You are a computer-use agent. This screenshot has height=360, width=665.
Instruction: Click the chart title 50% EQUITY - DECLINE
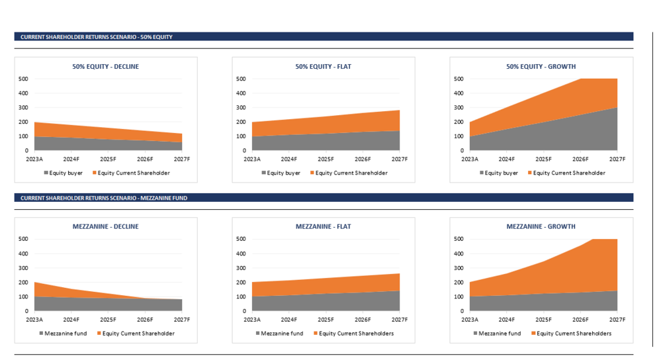pos(106,66)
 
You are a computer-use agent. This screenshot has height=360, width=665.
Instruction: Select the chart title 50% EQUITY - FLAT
pos(323,66)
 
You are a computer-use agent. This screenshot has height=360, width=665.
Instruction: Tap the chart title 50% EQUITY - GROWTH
pos(541,66)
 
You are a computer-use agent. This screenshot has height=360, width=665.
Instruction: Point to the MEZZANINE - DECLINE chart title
pos(106,226)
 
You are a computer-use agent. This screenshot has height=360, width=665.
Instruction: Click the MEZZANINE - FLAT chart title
pos(323,226)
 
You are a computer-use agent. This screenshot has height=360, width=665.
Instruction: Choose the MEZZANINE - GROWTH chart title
pos(541,226)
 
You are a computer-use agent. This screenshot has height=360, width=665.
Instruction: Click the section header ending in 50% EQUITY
pos(96,37)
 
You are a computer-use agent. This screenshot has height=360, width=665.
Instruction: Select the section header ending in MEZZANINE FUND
pos(104,198)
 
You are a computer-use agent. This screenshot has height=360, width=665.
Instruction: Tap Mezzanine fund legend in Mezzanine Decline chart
pos(64,334)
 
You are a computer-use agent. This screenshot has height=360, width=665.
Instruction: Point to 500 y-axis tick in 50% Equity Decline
pos(22,79)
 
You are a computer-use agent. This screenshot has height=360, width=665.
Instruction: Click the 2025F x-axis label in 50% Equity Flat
pos(326,159)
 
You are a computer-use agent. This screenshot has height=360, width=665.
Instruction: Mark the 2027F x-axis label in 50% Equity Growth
pos(617,159)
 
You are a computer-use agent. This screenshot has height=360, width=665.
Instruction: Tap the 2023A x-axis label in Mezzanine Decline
pos(34,320)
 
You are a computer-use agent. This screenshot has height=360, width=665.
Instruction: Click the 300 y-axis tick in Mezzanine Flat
pos(240,268)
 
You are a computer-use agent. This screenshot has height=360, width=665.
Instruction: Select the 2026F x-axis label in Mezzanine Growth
pos(580,320)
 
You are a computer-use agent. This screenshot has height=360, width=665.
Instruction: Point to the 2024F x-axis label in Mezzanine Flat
pos(288,320)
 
